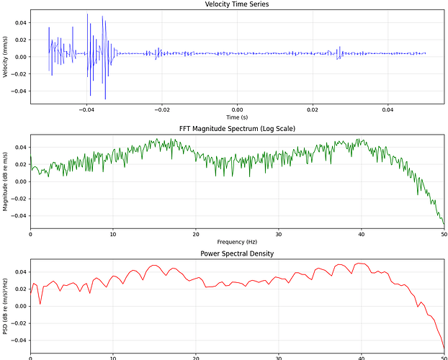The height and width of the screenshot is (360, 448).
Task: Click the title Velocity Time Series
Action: (237, 4)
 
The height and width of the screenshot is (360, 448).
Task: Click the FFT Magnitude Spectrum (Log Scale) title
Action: (237, 128)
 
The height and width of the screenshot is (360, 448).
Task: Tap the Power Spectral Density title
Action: (237, 253)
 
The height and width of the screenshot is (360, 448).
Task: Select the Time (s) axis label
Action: (237, 117)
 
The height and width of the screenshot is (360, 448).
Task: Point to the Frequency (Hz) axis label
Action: (237, 241)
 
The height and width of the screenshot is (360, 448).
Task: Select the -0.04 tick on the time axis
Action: (86, 109)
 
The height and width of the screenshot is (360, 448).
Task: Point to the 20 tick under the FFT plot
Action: (196, 233)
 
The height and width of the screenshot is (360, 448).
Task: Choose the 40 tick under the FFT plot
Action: (361, 233)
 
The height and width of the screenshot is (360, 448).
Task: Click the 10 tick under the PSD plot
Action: (113, 357)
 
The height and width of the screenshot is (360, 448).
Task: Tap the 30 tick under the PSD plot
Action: (279, 357)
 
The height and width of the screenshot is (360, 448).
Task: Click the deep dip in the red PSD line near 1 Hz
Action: (40, 303)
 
